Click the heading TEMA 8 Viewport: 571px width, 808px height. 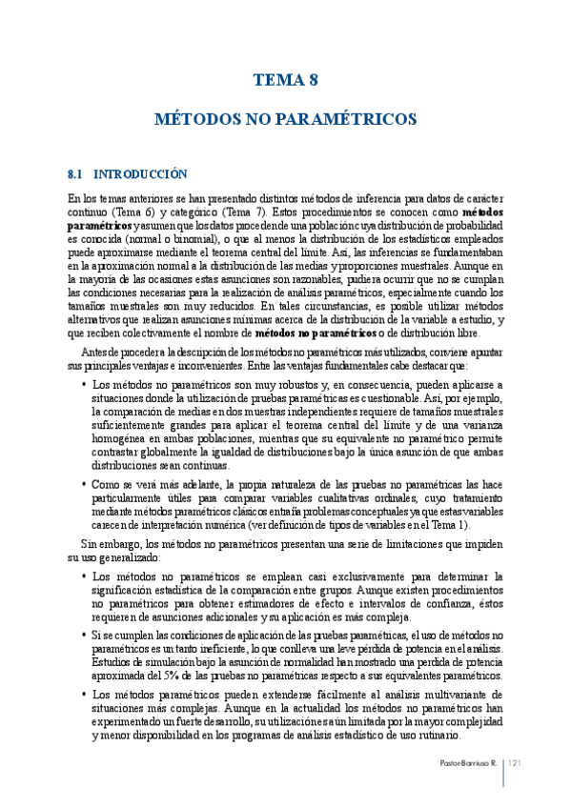point(285,81)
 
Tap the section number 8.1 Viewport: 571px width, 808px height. point(75,174)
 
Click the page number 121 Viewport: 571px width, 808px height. point(519,764)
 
